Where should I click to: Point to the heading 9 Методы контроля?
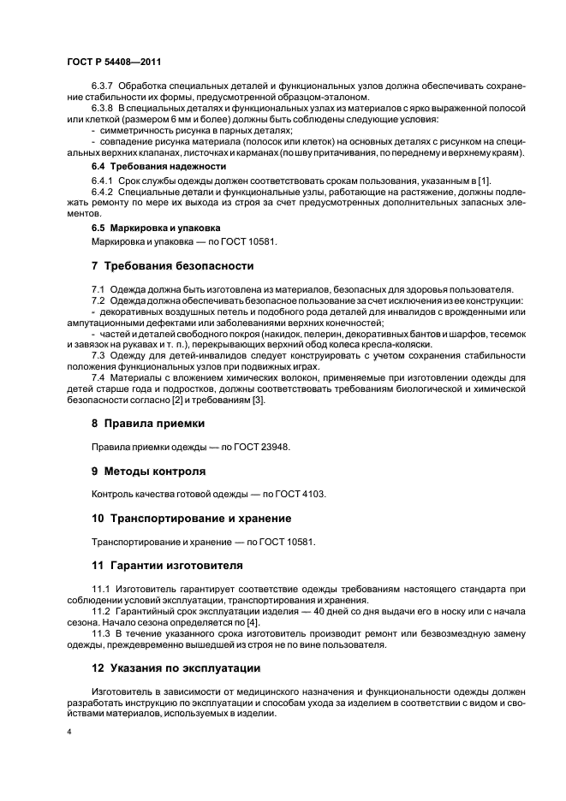tap(148, 471)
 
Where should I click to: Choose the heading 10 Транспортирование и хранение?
tap(191, 518)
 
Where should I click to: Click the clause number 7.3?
tap(98, 354)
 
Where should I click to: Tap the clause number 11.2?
tap(101, 614)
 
